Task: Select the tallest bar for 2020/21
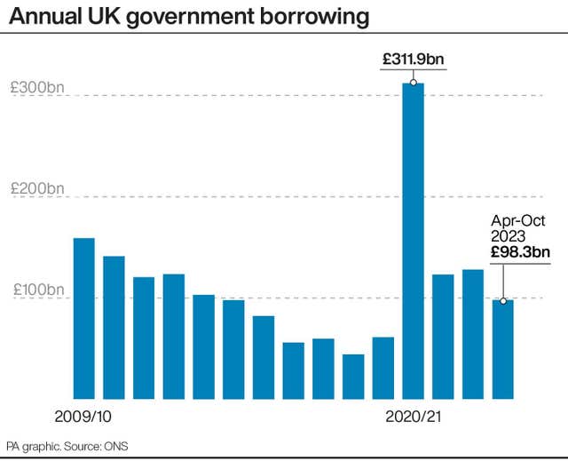[x=414, y=240]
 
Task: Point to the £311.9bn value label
[x=414, y=60]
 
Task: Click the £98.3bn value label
[x=520, y=253]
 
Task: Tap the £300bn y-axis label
[x=36, y=88]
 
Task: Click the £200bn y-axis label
[x=36, y=188]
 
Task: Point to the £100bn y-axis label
[x=36, y=290]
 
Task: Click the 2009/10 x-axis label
[x=83, y=415]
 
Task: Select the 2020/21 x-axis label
[x=414, y=415]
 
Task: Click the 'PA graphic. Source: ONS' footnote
[x=67, y=445]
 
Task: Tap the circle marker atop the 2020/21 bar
[x=414, y=83]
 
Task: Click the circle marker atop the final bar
[x=503, y=301]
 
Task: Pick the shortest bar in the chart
[x=353, y=377]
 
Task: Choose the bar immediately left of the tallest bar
[x=383, y=368]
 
